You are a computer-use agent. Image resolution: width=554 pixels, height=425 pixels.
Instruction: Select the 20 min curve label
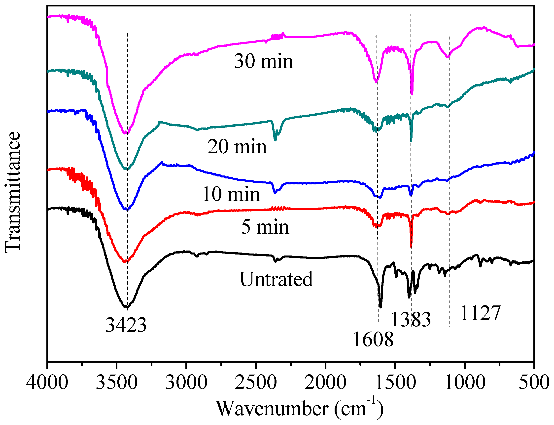(237, 147)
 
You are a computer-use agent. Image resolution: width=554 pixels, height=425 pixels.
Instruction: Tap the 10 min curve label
(231, 194)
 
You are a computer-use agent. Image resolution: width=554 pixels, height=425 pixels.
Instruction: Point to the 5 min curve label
(265, 227)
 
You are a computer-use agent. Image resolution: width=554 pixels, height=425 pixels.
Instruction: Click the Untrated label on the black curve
(276, 279)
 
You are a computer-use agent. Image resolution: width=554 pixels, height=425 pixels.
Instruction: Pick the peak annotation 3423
(126, 325)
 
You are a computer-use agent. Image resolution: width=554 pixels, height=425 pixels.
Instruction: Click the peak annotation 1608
(373, 340)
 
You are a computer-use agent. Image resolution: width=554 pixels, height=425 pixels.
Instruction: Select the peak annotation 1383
(411, 320)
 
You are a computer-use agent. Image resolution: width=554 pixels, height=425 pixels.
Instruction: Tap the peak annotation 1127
(480, 313)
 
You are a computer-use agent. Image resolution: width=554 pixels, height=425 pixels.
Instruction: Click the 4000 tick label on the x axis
(47, 382)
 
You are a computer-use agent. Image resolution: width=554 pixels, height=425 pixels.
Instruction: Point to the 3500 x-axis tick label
(117, 382)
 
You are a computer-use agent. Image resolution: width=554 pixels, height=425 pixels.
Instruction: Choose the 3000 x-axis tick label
(186, 382)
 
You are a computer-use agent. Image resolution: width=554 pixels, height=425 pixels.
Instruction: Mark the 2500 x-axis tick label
(256, 382)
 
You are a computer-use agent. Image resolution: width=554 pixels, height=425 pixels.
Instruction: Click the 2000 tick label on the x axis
(325, 382)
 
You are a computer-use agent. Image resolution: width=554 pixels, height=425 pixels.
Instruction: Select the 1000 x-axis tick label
(465, 382)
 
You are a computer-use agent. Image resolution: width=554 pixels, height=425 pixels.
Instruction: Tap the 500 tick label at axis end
(534, 382)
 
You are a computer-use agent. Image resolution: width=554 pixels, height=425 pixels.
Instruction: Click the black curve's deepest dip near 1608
(381, 307)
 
